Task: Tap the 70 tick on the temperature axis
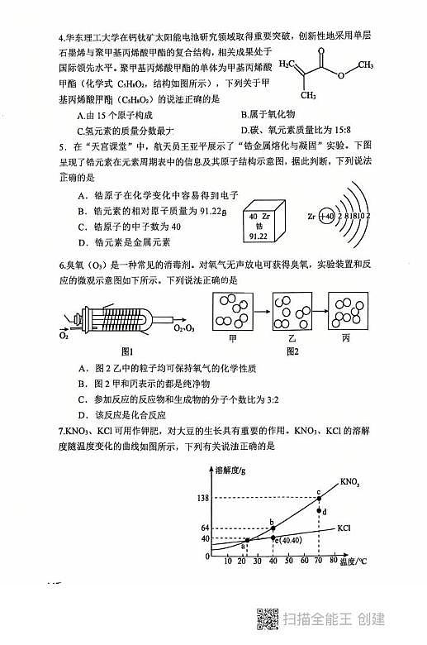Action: [319, 561]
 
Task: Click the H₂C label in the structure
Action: [288, 63]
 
